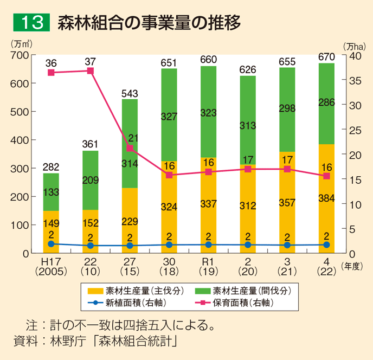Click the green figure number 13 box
tap(31, 23)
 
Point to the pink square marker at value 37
tap(91, 71)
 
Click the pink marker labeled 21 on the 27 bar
tap(130, 147)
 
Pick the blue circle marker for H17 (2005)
tap(51, 244)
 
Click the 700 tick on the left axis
tap(21, 55)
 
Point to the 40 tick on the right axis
tap(355, 55)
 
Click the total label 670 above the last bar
tap(326, 56)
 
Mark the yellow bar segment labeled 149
tap(51, 223)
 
